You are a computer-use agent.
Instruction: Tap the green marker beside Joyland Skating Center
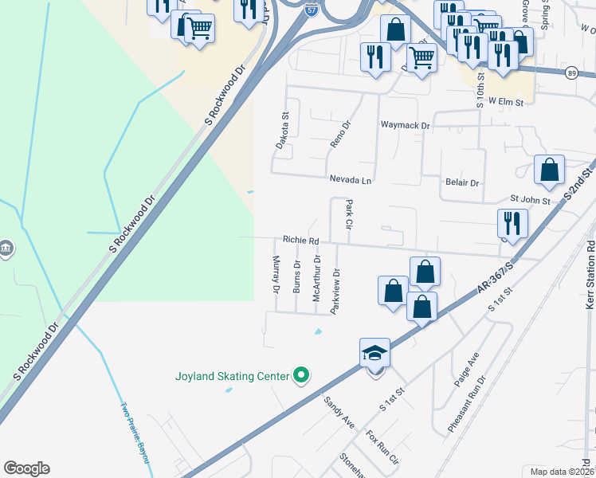pyautogui.click(x=301, y=374)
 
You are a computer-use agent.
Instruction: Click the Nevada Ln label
pyautogui.click(x=351, y=181)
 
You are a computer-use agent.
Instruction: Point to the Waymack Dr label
pyautogui.click(x=405, y=125)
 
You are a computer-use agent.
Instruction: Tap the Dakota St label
pyautogui.click(x=282, y=130)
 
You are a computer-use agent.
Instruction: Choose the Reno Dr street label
pyautogui.click(x=340, y=135)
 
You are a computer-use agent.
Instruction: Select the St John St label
pyautogui.click(x=530, y=201)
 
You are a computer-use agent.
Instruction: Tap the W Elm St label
pyautogui.click(x=505, y=102)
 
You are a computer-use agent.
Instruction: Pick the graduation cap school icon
pyautogui.click(x=375, y=352)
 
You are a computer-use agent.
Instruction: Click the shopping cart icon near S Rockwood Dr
pyautogui.click(x=199, y=29)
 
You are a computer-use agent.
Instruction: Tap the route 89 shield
pyautogui.click(x=572, y=72)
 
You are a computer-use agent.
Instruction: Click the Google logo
pyautogui.click(x=26, y=468)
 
